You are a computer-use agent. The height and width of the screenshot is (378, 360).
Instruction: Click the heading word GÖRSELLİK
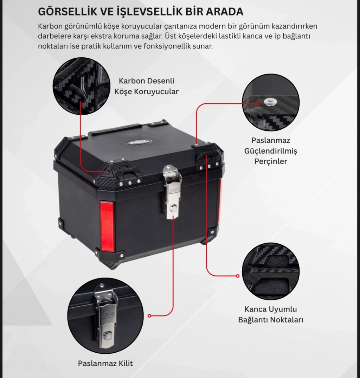point(67,11)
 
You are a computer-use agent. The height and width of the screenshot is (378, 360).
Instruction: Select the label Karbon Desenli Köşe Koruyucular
point(147,86)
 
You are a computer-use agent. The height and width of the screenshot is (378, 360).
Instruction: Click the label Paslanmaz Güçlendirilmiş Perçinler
point(271,150)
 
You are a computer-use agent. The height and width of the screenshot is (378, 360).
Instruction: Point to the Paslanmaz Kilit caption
point(105,363)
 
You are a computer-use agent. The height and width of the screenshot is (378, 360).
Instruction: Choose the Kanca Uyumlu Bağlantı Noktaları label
point(271,314)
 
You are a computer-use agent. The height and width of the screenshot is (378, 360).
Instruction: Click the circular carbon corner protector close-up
point(82,86)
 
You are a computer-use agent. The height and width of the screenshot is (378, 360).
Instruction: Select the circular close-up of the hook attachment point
point(271,271)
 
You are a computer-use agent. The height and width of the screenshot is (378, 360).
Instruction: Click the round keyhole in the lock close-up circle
point(107,335)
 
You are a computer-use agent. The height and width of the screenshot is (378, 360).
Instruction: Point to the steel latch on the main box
point(172,192)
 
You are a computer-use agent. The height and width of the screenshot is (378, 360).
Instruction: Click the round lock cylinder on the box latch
point(173,207)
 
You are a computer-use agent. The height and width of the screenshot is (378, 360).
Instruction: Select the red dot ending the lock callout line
point(149,316)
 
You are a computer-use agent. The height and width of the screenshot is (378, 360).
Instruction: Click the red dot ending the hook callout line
point(238,276)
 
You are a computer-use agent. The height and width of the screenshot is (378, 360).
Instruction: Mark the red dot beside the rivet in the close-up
point(258,104)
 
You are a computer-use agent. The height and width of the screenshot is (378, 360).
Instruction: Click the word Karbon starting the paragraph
point(49,26)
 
